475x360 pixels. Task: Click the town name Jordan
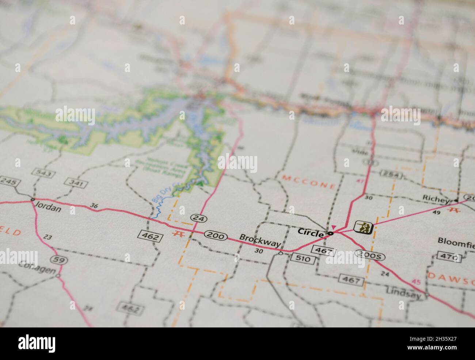[x=48, y=209]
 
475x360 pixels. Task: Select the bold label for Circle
[x=310, y=232]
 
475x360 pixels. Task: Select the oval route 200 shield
[x=216, y=235]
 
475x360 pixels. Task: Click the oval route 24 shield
[x=199, y=218]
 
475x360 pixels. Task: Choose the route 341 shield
[x=74, y=182]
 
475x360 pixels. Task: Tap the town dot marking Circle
[x=331, y=233]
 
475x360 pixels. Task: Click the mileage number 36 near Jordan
[x=94, y=206]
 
